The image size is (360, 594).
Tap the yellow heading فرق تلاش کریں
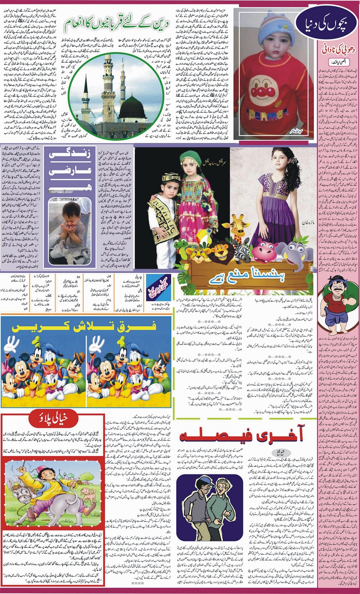pos(84,326)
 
